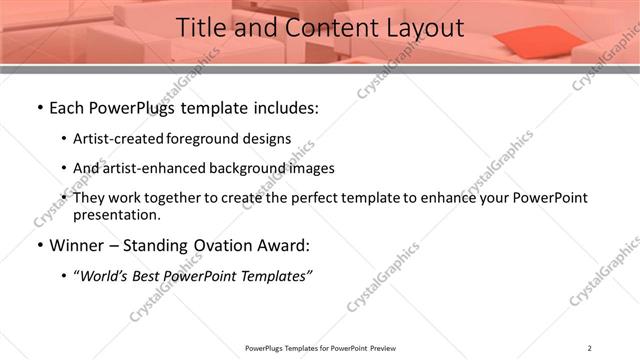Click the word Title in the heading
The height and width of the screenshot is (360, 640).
pyautogui.click(x=204, y=29)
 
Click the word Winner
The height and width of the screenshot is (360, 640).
pyautogui.click(x=77, y=245)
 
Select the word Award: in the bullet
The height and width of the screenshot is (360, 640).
pyautogui.click(x=285, y=245)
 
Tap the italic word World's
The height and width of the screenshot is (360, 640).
pyautogui.click(x=103, y=275)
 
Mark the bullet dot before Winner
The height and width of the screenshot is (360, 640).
pyautogui.click(x=39, y=245)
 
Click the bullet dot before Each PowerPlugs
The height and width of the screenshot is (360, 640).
pyautogui.click(x=39, y=108)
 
